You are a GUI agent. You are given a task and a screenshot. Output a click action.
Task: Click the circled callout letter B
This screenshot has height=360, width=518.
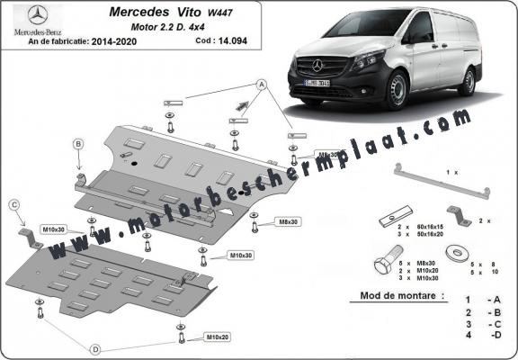click(78, 144)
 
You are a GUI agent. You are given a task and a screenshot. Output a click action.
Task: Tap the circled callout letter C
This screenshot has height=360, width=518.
click(15, 206)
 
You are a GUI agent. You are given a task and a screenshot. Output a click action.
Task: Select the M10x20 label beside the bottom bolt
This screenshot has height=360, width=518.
click(216, 337)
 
